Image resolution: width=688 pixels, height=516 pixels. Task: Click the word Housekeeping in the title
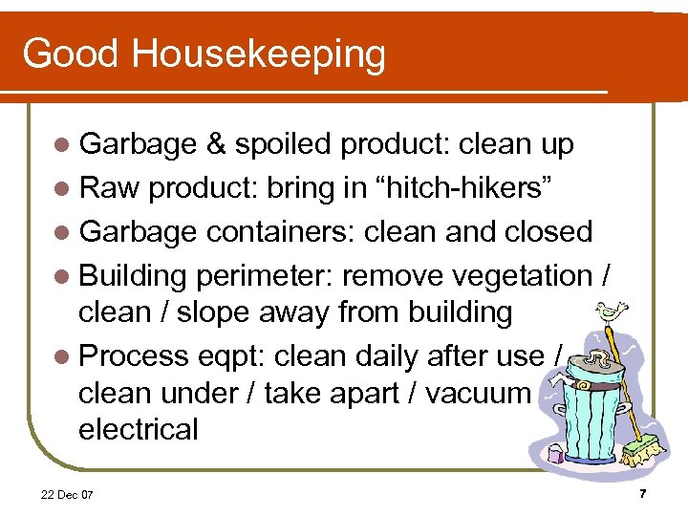click(x=258, y=54)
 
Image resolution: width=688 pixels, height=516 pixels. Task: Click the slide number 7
click(x=643, y=494)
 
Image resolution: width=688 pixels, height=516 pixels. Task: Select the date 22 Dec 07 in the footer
click(x=67, y=495)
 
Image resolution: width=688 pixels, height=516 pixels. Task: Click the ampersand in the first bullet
click(x=215, y=144)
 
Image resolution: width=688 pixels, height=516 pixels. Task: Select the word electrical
click(x=139, y=429)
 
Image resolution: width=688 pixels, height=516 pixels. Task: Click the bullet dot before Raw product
click(x=63, y=188)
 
